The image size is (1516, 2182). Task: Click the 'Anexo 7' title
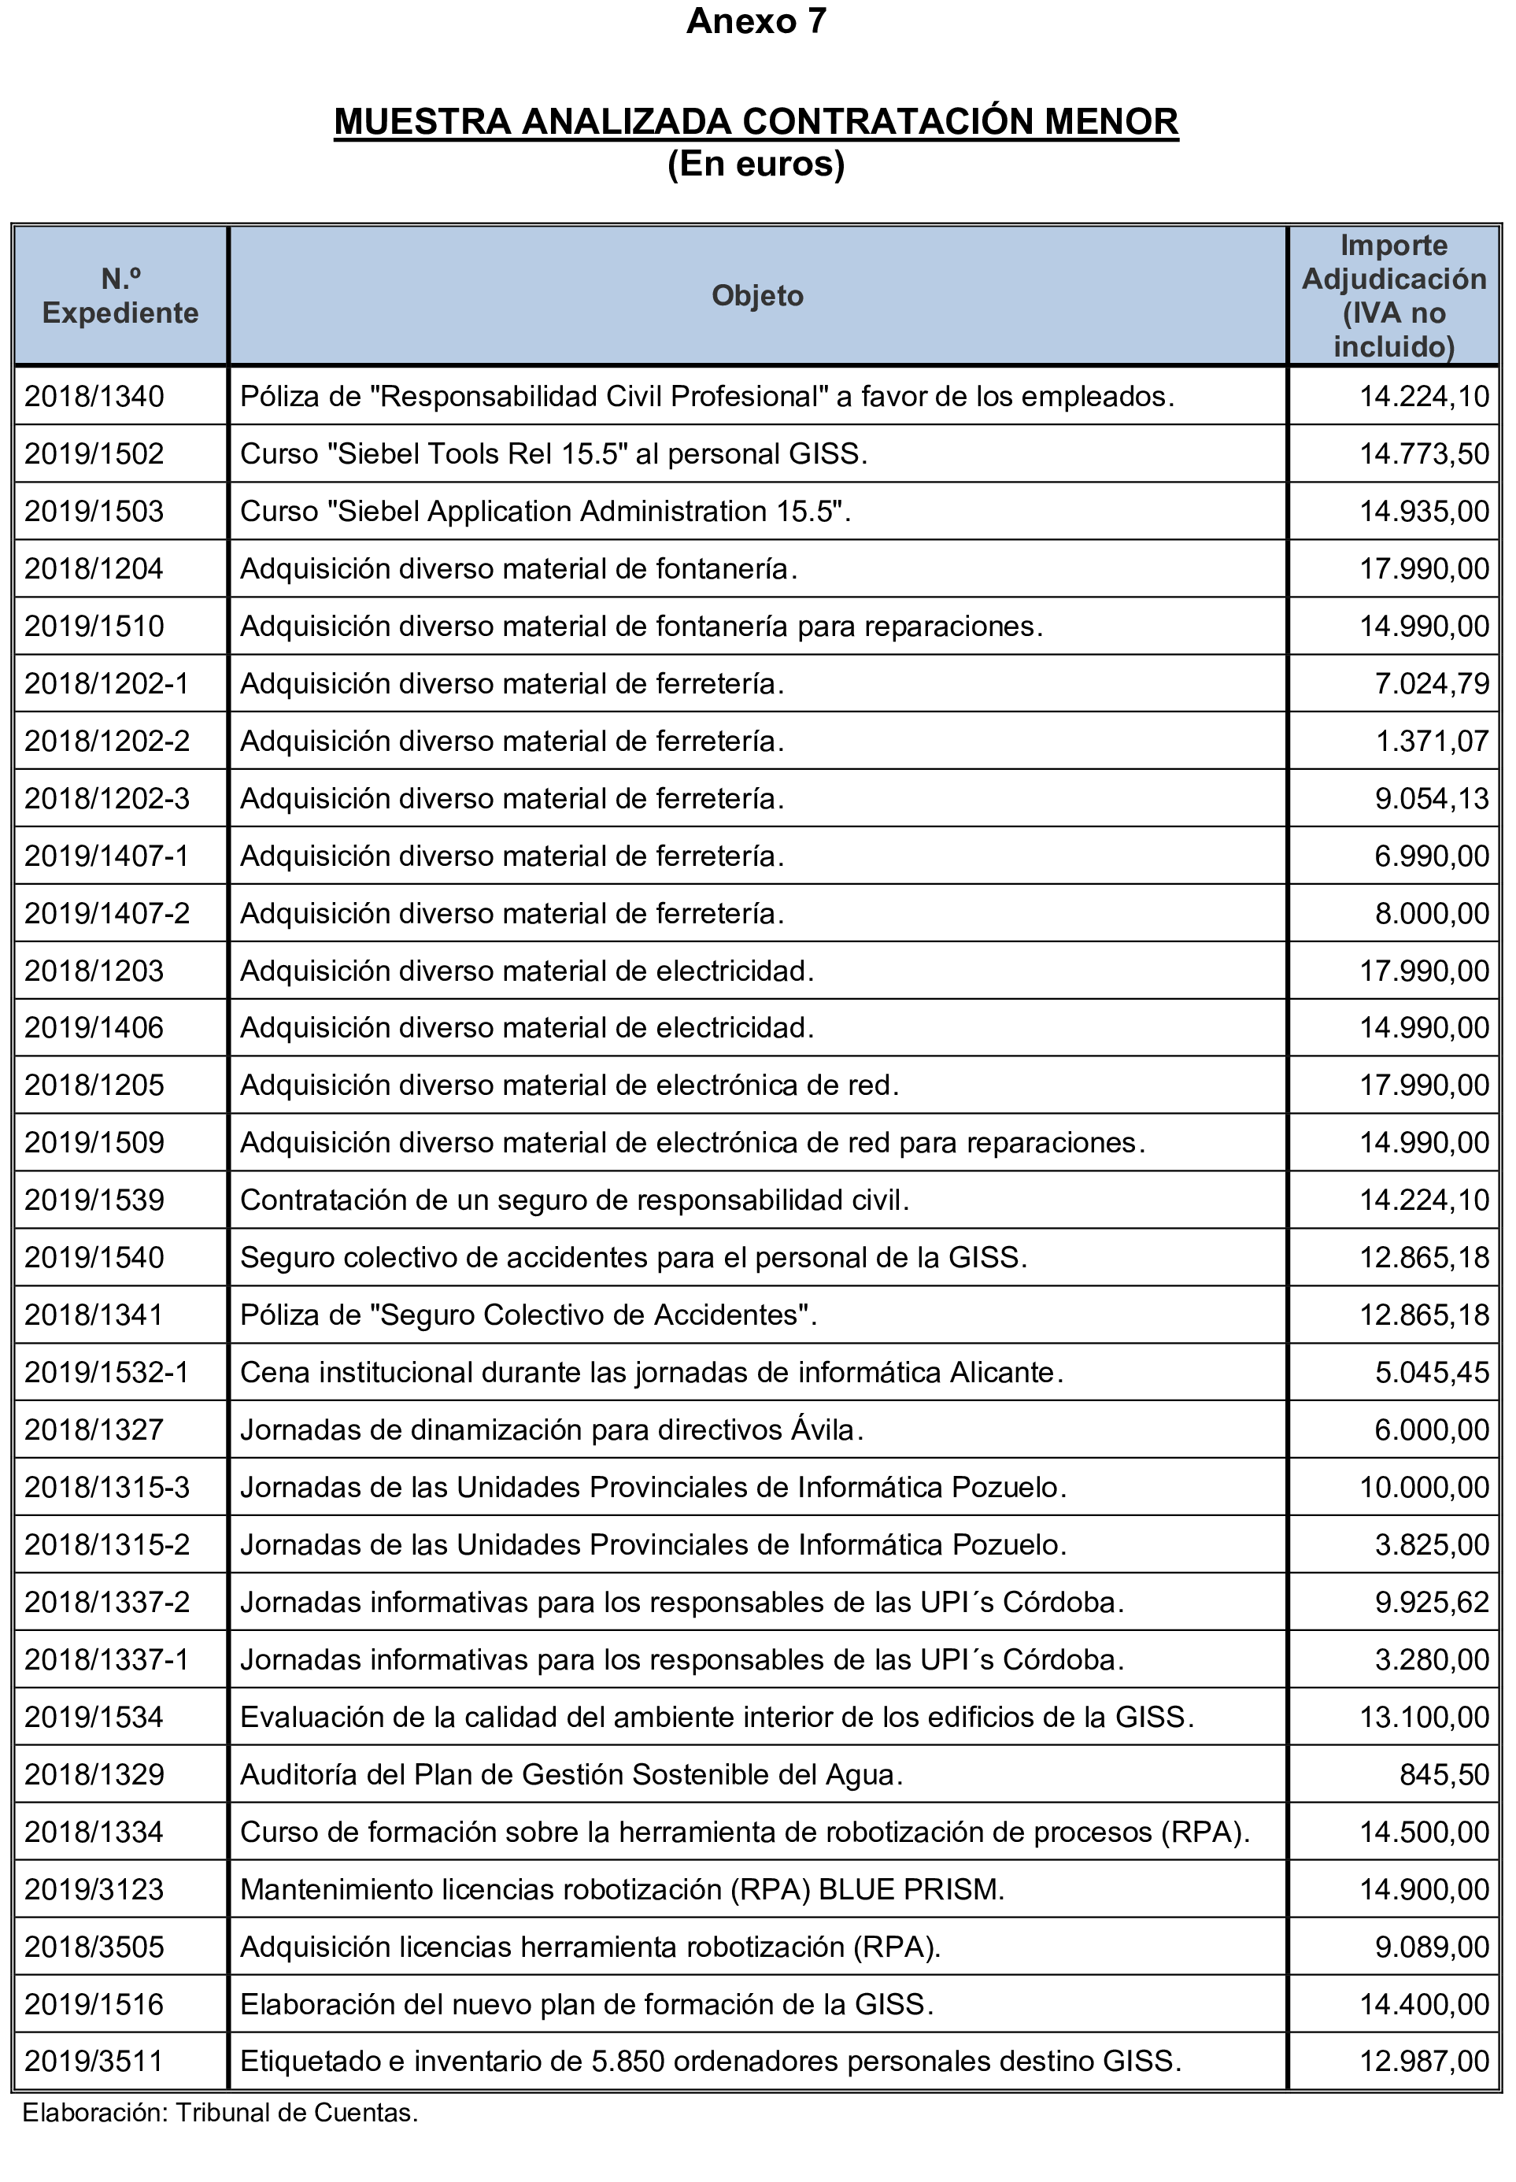point(756,21)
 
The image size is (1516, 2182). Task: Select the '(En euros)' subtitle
point(756,165)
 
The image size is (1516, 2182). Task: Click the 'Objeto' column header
point(757,295)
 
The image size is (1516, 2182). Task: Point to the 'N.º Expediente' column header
point(120,295)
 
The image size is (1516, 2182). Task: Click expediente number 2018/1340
point(94,396)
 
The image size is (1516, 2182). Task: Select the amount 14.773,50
point(1424,453)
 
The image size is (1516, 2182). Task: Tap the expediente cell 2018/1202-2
point(107,741)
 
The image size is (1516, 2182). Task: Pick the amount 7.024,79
point(1432,683)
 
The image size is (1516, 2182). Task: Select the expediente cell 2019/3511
point(94,2062)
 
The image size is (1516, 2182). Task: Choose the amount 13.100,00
point(1424,1718)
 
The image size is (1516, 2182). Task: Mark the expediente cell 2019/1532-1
point(107,1373)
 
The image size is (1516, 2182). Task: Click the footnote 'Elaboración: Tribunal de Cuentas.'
point(220,2113)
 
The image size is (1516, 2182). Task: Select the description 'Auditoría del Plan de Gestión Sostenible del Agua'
point(570,1774)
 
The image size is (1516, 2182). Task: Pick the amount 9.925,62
point(1432,1603)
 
